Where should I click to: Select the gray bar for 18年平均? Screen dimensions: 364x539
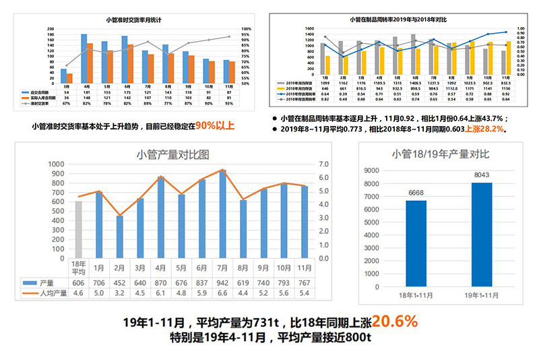(x=79, y=229)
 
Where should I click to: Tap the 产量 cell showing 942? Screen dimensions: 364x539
(x=222, y=283)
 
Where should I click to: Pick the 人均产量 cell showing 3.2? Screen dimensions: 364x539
(x=120, y=293)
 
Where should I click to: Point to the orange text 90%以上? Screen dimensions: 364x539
(x=215, y=125)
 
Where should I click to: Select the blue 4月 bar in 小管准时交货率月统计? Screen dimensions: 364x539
(x=84, y=57)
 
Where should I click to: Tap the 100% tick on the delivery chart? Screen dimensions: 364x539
(x=247, y=29)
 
